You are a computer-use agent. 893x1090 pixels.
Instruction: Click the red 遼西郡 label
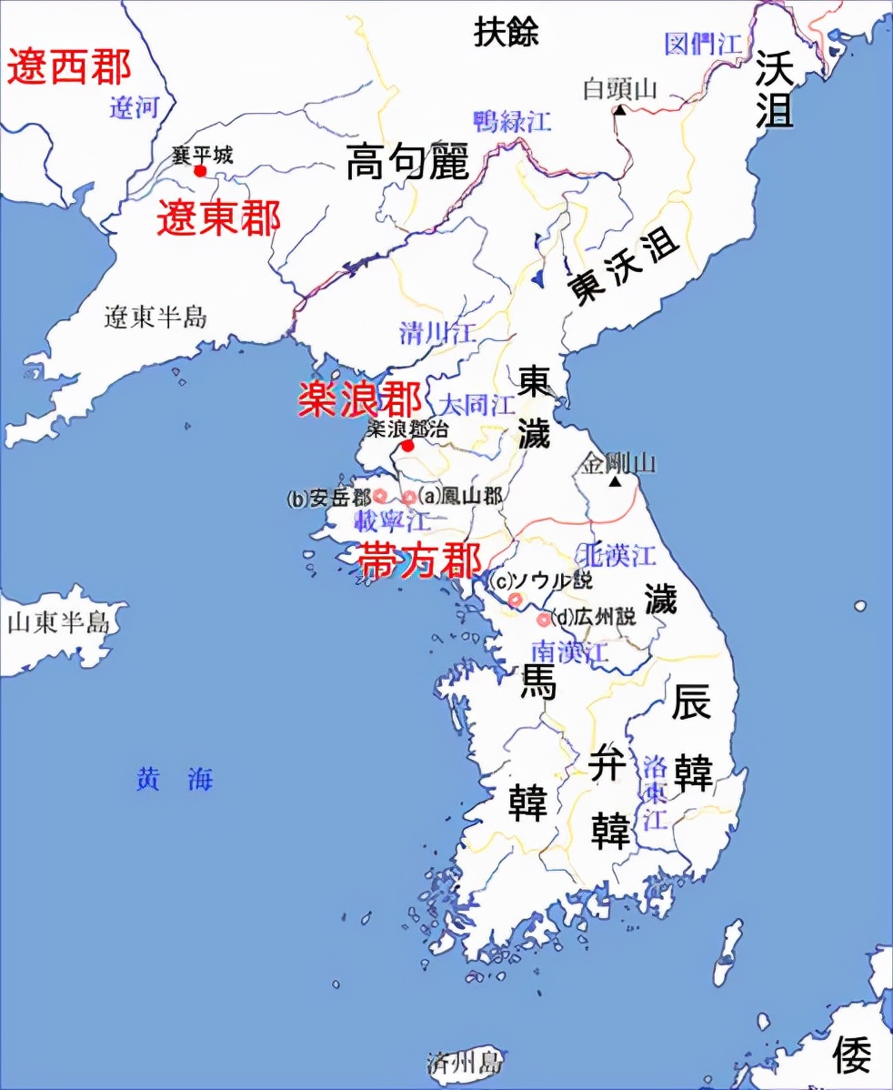pyautogui.click(x=69, y=69)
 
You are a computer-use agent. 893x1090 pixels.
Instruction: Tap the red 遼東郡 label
pyautogui.click(x=218, y=218)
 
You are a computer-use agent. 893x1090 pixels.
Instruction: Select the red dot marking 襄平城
pyautogui.click(x=201, y=170)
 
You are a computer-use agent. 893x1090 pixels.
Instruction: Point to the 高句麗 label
pyautogui.click(x=407, y=163)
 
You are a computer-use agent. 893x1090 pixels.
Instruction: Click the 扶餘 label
pyautogui.click(x=507, y=33)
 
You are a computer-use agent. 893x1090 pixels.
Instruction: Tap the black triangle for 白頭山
pyautogui.click(x=619, y=109)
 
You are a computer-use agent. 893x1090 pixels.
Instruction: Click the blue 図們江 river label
pyautogui.click(x=704, y=43)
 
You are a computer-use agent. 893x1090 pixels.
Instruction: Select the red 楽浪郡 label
pyautogui.click(x=360, y=399)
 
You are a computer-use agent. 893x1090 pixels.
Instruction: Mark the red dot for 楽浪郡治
pyautogui.click(x=408, y=446)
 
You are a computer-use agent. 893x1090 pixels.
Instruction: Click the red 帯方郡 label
pyautogui.click(x=419, y=561)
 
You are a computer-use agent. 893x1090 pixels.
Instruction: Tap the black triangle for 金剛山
pyautogui.click(x=617, y=481)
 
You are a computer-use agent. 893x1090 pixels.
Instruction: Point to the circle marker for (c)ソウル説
pyautogui.click(x=516, y=600)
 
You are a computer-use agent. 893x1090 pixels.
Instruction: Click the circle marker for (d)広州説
pyautogui.click(x=544, y=620)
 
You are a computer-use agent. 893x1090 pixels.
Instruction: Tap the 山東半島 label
pyautogui.click(x=58, y=622)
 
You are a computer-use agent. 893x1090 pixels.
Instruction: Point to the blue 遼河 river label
pyautogui.click(x=135, y=109)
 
